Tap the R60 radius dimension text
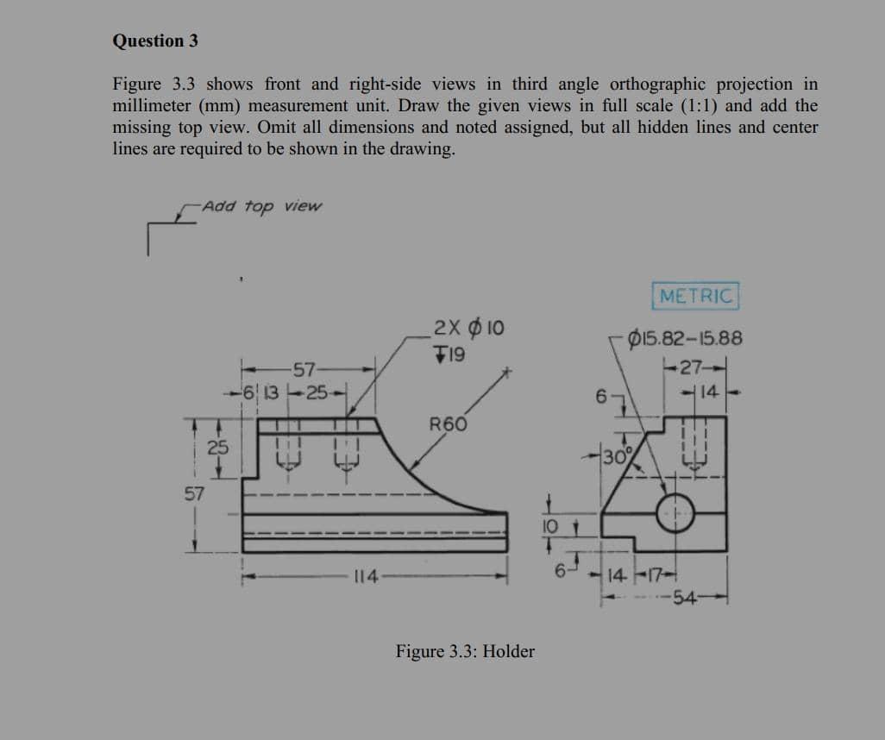coord(448,423)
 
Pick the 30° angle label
coord(618,456)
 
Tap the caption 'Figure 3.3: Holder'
coord(465,651)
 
